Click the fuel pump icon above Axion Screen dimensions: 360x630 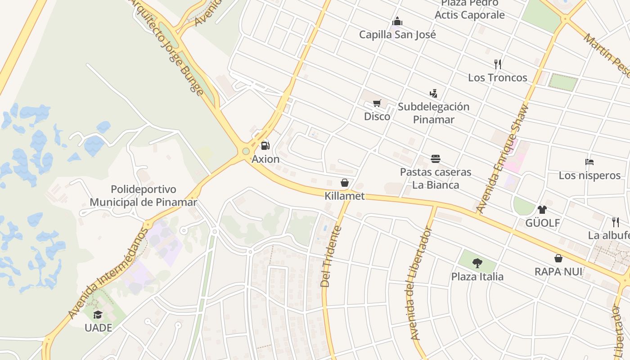click(265, 145)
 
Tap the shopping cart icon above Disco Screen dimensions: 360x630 click(377, 103)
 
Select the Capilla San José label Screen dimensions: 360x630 click(397, 34)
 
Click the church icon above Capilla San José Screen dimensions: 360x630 click(397, 21)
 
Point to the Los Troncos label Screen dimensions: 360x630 click(497, 77)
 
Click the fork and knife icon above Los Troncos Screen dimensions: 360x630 click(497, 64)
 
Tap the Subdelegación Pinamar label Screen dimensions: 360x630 click(433, 113)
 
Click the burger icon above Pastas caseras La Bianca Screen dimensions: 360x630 click(435, 158)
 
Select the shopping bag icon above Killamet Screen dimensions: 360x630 click(345, 183)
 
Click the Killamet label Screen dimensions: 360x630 click(345, 196)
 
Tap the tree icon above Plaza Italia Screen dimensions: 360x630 click(477, 263)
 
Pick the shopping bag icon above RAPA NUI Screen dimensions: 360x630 click(558, 258)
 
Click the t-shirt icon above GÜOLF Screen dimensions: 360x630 click(542, 209)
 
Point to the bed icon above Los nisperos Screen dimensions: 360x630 click(589, 162)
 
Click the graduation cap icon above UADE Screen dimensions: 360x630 click(98, 315)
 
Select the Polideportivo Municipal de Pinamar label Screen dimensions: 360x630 click(143, 195)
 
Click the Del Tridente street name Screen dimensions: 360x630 click(331, 256)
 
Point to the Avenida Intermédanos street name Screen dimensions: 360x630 click(108, 274)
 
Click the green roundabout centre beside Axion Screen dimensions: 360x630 click(246, 151)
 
